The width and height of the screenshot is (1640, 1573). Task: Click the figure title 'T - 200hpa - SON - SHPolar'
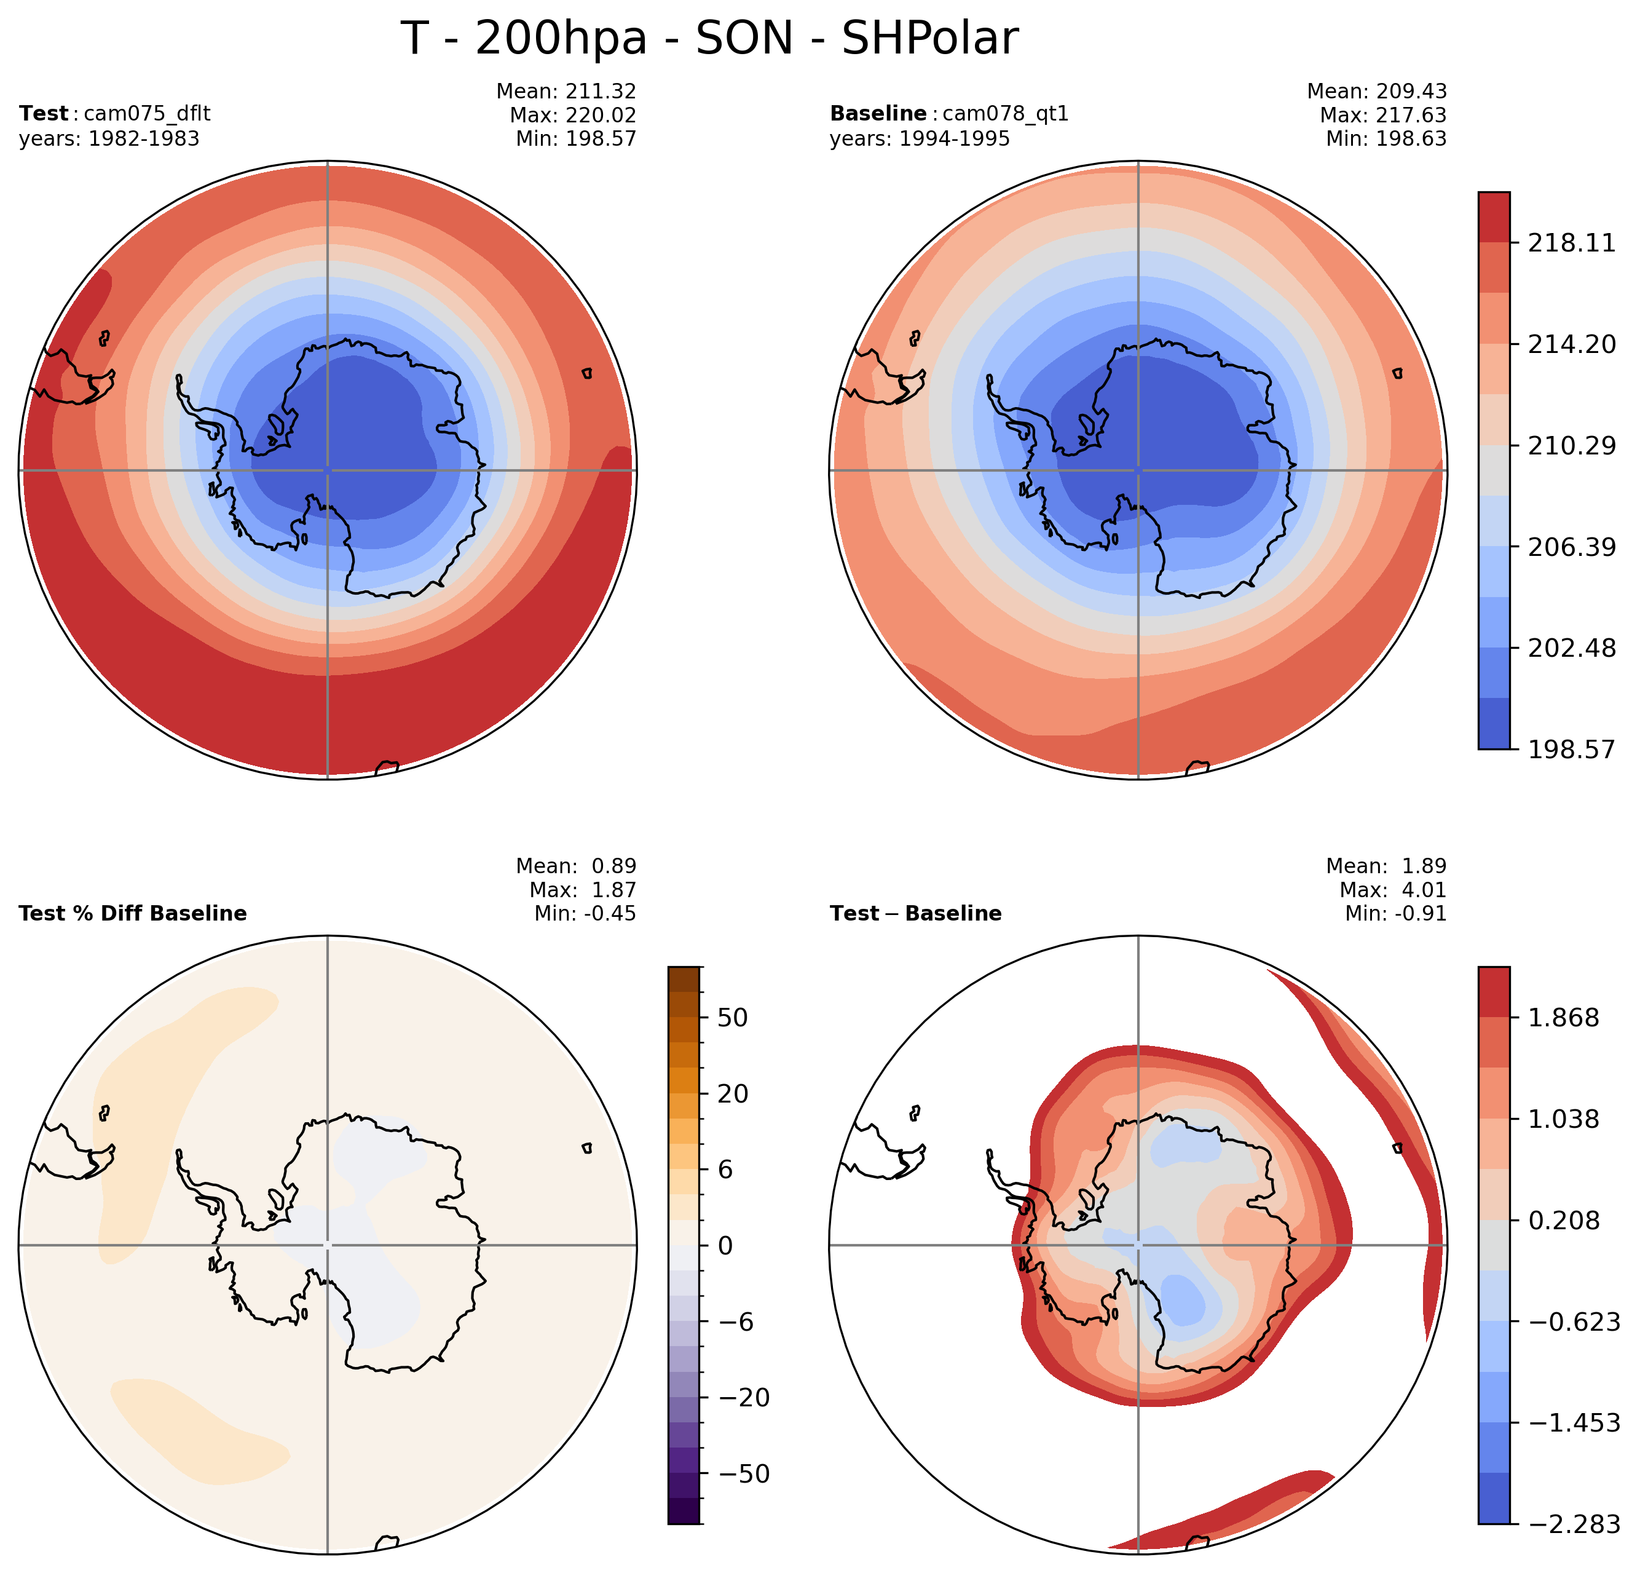pyautogui.click(x=709, y=39)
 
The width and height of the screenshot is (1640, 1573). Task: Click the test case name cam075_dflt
pyautogui.click(x=148, y=114)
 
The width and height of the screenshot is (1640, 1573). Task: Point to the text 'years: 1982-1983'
pyautogui.click(x=109, y=139)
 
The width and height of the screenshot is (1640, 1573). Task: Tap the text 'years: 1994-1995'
pyautogui.click(x=920, y=139)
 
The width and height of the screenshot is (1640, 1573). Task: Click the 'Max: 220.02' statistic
pyautogui.click(x=572, y=116)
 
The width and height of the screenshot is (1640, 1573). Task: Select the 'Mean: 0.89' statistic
pyautogui.click(x=576, y=866)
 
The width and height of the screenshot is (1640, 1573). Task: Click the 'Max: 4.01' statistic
pyautogui.click(x=1392, y=890)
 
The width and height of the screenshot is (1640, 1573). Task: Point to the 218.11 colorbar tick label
pyautogui.click(x=1571, y=244)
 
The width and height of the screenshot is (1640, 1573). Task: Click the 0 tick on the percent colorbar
pyautogui.click(x=725, y=1246)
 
